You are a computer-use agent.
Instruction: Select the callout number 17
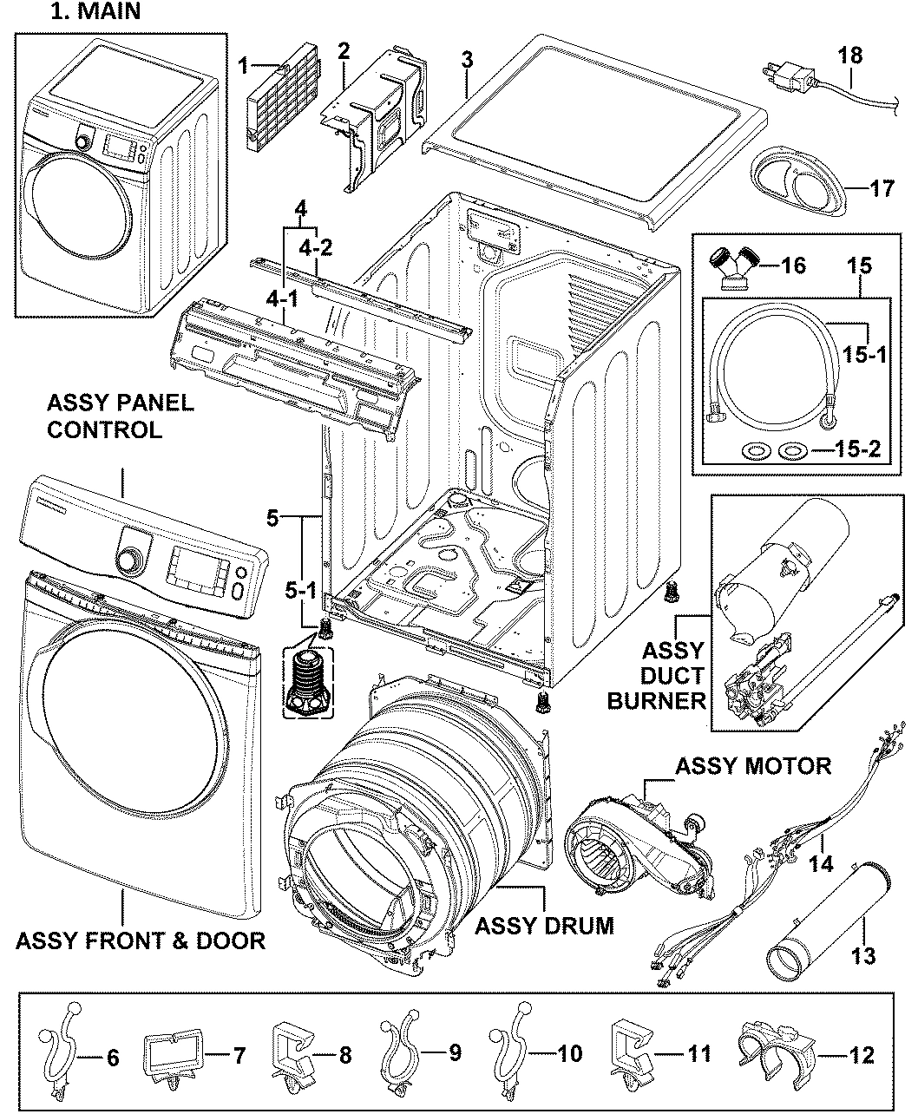(881, 187)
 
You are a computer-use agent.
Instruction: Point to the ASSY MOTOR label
(752, 765)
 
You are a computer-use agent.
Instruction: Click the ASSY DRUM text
(544, 926)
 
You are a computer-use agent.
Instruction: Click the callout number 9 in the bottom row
(456, 1053)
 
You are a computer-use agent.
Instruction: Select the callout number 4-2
(316, 246)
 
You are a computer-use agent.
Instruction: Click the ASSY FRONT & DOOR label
(141, 940)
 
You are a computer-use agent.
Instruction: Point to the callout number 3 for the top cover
(467, 60)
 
